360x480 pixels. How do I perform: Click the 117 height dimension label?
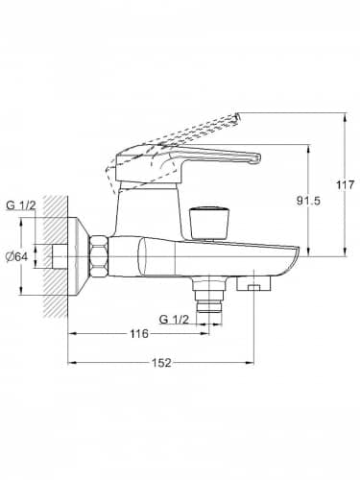[346, 184]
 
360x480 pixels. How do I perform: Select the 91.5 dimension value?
[308, 201]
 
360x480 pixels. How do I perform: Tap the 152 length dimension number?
[161, 363]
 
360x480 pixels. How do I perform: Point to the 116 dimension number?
[139, 334]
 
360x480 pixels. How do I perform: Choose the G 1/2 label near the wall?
[21, 205]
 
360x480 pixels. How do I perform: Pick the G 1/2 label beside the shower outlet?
[174, 319]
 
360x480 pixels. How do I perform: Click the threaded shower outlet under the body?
[209, 295]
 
